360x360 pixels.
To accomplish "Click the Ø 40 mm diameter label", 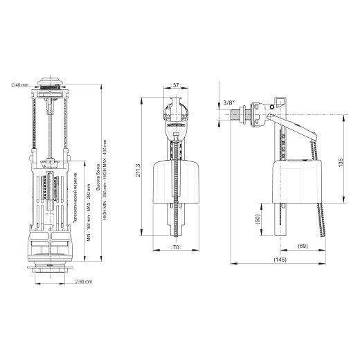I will pos(19,84).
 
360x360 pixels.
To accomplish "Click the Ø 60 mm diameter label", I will pos(84,281).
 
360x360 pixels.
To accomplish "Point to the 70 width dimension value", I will pos(177,246).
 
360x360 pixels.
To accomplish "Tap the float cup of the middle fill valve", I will pos(177,180).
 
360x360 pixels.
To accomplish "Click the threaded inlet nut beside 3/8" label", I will pos(244,115).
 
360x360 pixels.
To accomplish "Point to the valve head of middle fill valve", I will pos(177,114).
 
